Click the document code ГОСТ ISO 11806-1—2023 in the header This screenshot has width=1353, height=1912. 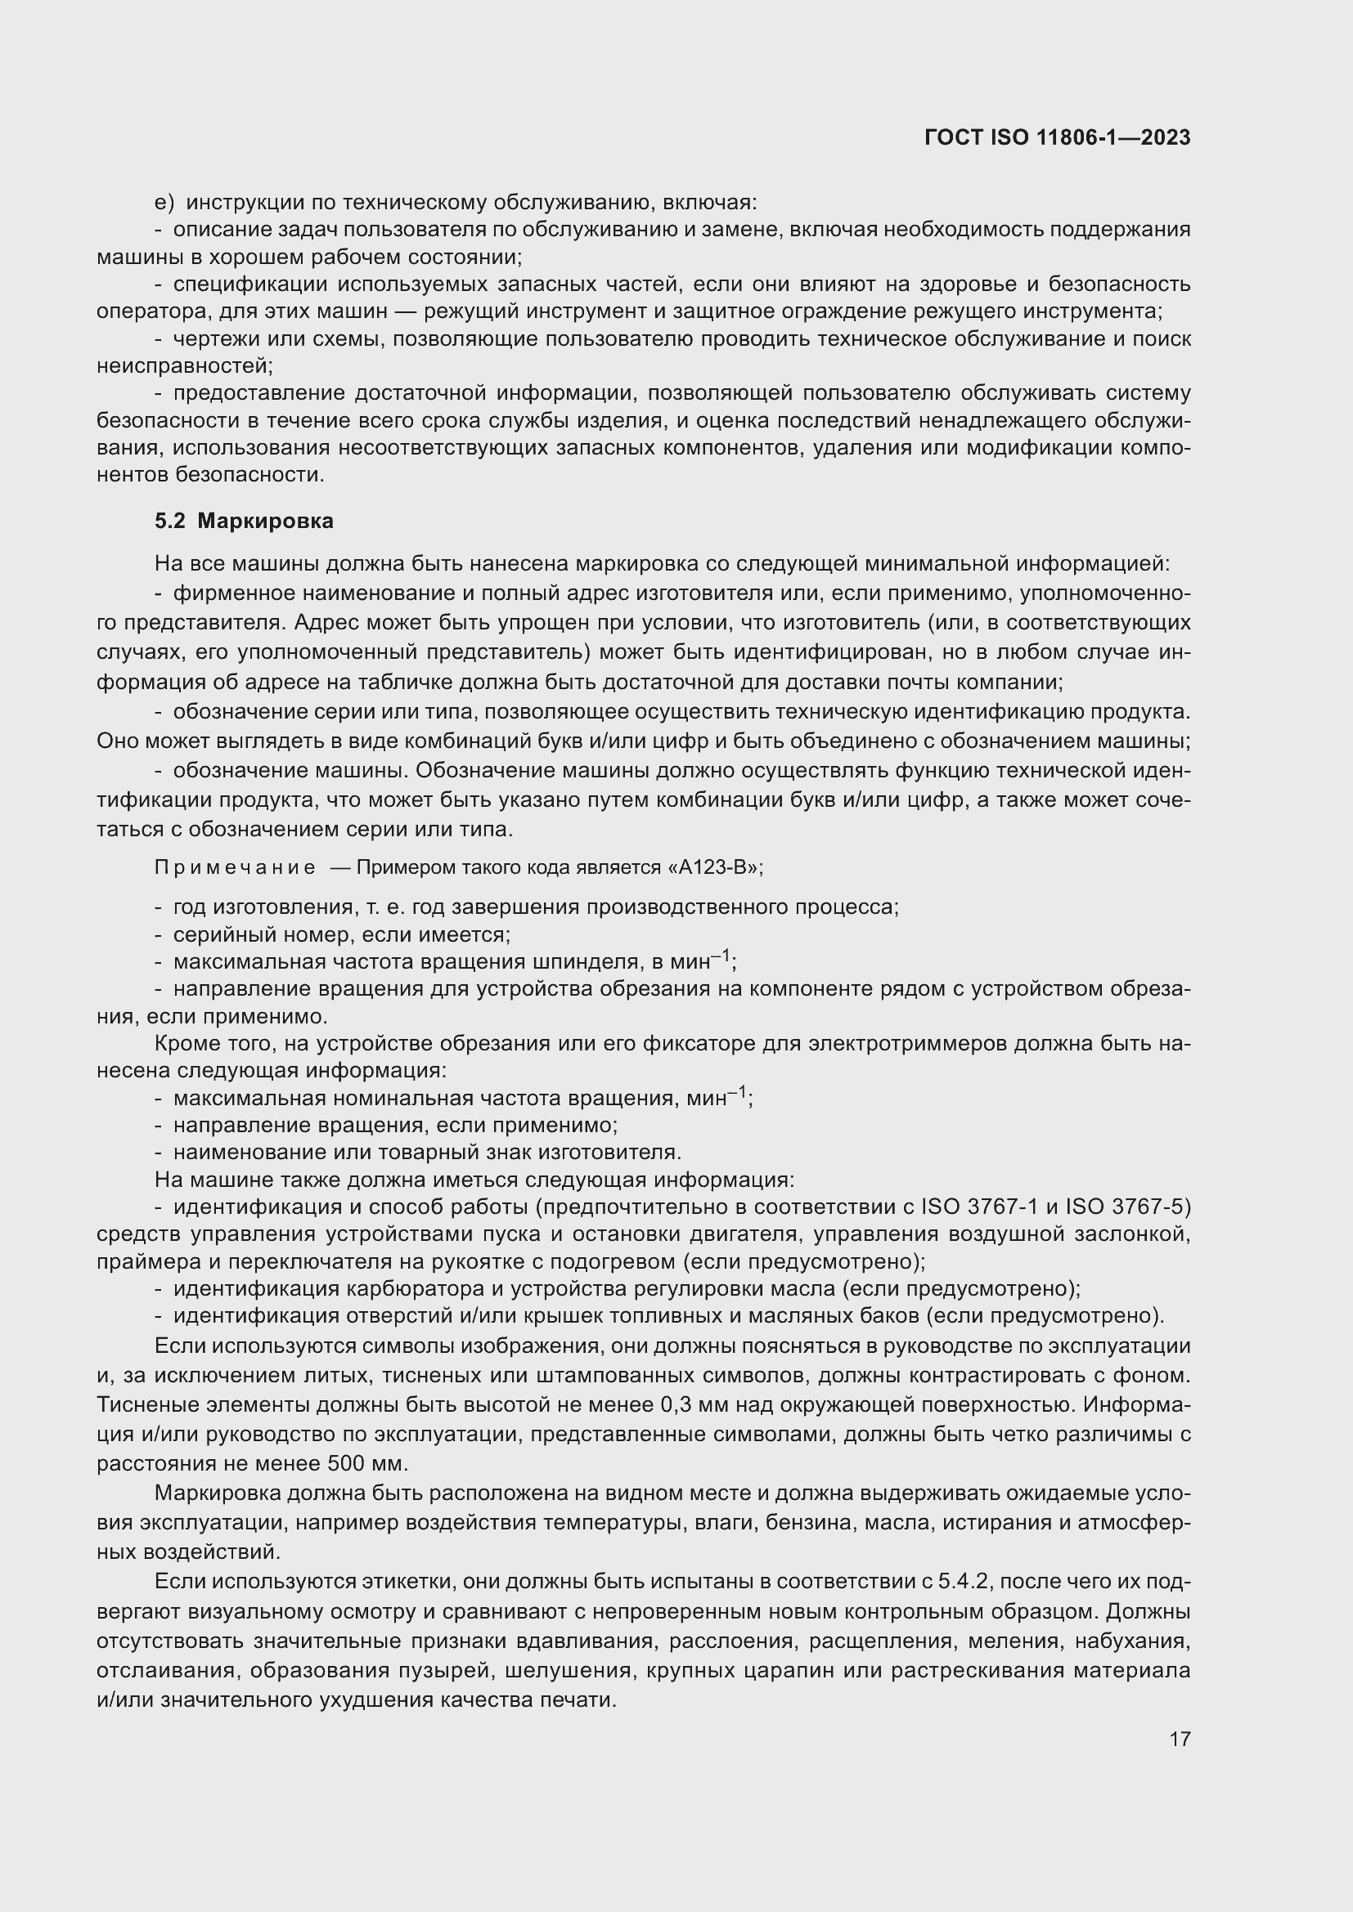click(x=1057, y=137)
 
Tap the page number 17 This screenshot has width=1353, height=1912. click(x=1180, y=1739)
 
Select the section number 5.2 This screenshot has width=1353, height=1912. click(x=169, y=522)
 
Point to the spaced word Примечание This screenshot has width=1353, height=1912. click(x=235, y=868)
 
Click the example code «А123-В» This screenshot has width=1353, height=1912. click(x=712, y=868)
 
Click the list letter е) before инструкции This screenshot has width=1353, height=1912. click(x=164, y=203)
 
